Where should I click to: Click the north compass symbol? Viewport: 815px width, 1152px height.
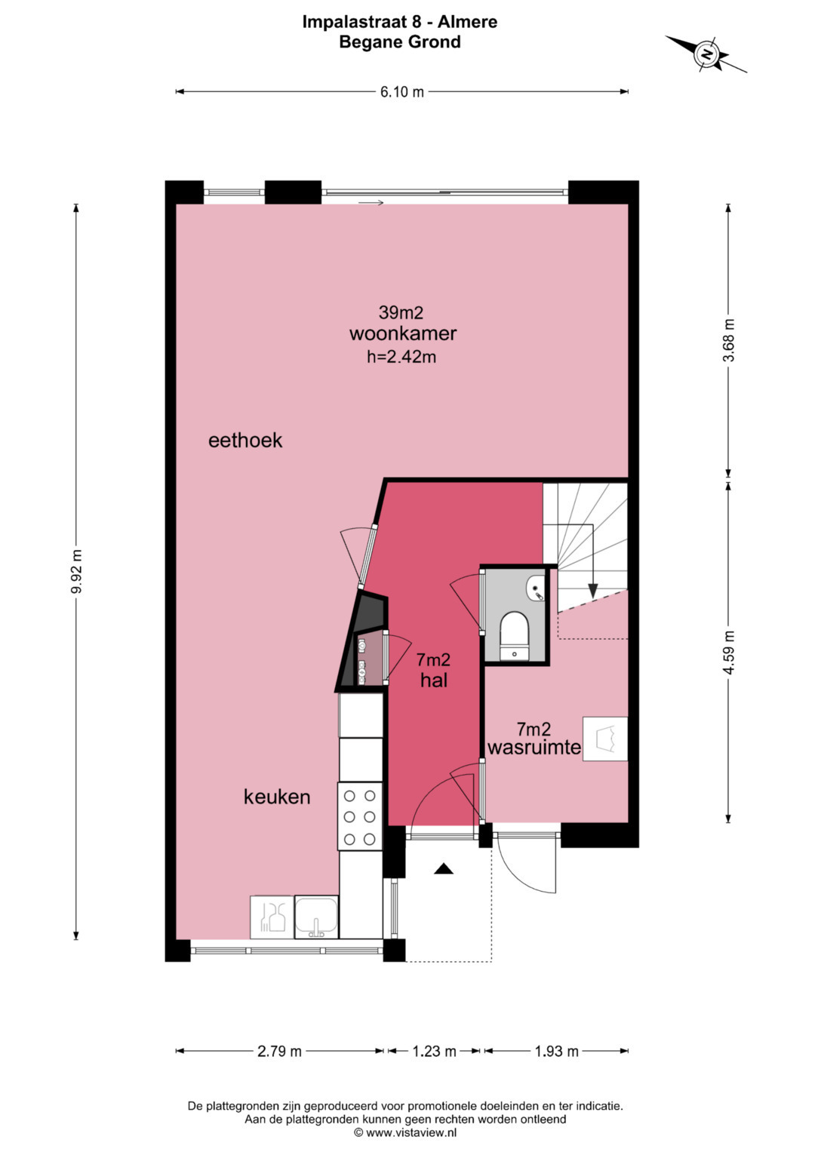coord(706,54)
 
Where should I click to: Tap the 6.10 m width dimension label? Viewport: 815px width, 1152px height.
coord(401,92)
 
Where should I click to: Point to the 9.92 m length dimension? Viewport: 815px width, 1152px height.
coord(76,571)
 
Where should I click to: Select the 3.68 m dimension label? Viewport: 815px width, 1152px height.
coord(728,340)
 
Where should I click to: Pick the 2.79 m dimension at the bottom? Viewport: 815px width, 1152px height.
coord(279,1051)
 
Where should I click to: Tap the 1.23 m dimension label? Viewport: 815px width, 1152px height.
coord(434,1051)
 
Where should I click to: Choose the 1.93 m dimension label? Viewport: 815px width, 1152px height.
coord(557,1051)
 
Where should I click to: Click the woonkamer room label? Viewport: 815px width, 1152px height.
coord(403,333)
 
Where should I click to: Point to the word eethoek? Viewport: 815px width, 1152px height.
coord(245,441)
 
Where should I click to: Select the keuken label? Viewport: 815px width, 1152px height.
coord(277,797)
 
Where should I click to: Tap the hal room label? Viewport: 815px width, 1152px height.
coord(434,680)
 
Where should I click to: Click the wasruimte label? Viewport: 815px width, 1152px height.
coord(534,748)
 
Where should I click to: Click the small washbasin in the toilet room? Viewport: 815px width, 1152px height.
coord(535,587)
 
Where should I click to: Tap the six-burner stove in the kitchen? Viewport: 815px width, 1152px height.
coord(360,817)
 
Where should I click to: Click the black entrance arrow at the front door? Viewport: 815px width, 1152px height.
coord(444,868)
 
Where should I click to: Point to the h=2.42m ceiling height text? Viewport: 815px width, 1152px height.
coord(401,356)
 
